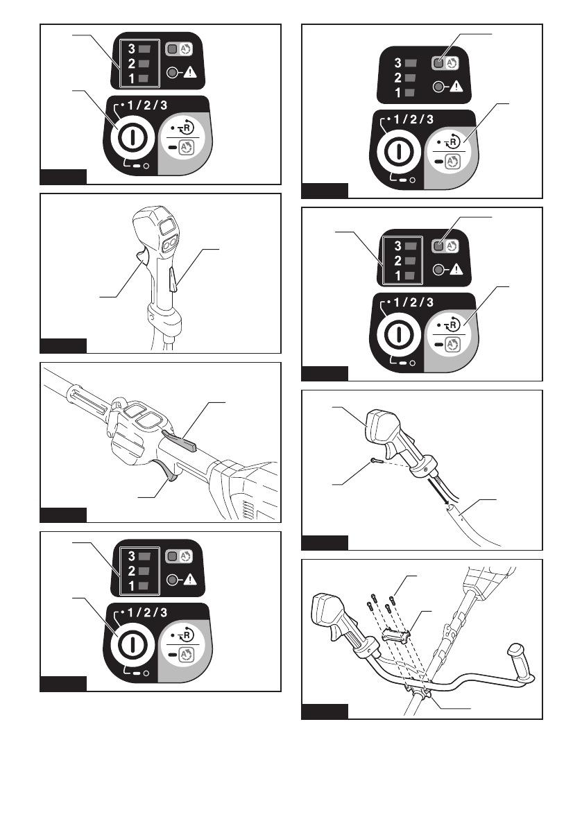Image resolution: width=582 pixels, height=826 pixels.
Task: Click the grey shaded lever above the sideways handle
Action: coord(180,439)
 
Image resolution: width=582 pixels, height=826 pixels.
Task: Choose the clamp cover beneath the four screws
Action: coord(395,634)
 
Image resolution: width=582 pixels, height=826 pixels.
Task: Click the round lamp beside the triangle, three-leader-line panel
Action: coord(438,270)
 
